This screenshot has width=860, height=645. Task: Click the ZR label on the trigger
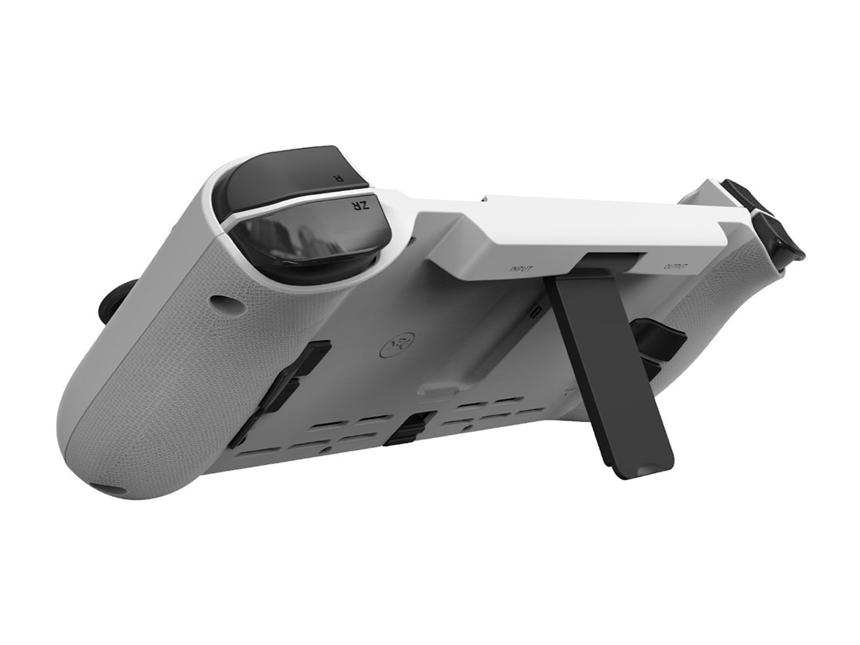[x=361, y=205]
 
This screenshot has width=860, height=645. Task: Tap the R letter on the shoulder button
[x=339, y=178]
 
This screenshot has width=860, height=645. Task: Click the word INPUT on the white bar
[x=522, y=269]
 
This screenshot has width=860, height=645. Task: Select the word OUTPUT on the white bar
[x=675, y=267]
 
